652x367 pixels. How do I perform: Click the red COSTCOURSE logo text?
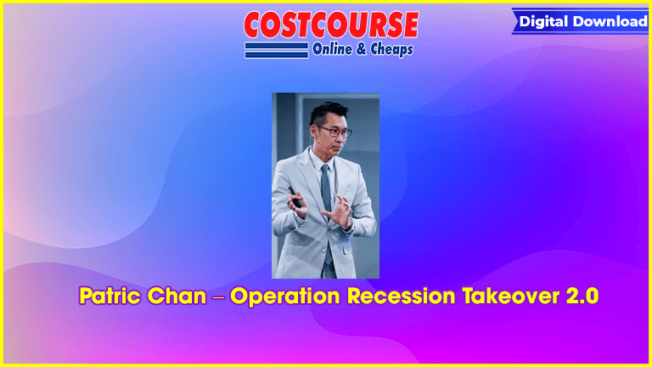click(x=331, y=25)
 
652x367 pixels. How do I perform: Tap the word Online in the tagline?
click(x=332, y=49)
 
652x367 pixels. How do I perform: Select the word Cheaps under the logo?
click(x=391, y=50)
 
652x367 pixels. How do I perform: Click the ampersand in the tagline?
click(x=361, y=49)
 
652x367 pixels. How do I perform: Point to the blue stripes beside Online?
click(x=277, y=50)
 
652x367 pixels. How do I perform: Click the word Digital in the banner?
click(x=543, y=21)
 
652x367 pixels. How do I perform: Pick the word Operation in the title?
click(x=286, y=296)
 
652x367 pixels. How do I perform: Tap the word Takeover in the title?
click(x=510, y=296)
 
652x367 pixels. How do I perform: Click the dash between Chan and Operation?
click(x=218, y=297)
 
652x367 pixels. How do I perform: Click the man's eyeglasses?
click(x=334, y=132)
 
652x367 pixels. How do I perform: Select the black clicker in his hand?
click(x=295, y=197)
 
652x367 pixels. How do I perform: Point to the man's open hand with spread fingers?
click(x=339, y=211)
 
